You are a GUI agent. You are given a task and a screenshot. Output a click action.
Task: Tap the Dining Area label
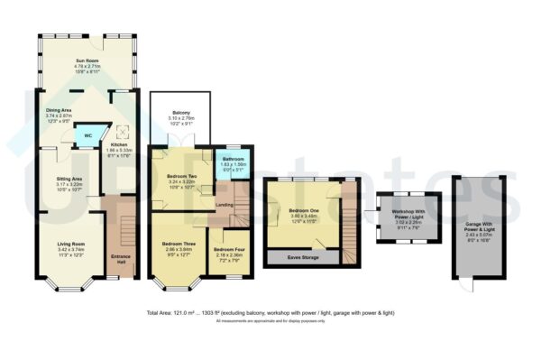tap(60, 113)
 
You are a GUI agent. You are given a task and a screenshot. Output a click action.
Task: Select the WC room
tap(87, 135)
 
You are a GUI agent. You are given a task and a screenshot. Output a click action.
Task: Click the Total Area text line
tap(270, 313)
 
